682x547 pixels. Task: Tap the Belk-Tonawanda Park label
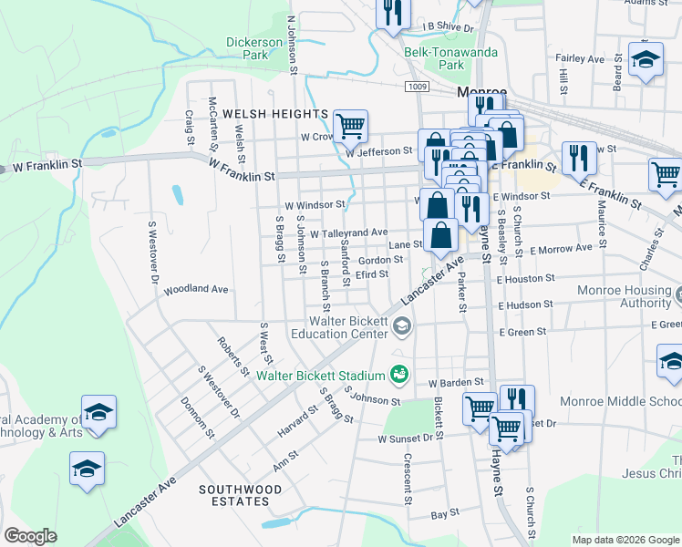[451, 58]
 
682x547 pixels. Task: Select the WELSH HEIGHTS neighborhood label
[262, 114]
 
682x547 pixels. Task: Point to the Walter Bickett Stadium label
[320, 375]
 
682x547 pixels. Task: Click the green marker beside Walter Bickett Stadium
[398, 374]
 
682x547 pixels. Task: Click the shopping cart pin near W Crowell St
[350, 127]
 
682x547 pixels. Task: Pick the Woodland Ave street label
[195, 290]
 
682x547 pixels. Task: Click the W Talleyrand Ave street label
[348, 233]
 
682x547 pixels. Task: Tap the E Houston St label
[523, 278]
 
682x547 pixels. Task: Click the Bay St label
[444, 515]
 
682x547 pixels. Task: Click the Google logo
[30, 536]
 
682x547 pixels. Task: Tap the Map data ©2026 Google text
[625, 540]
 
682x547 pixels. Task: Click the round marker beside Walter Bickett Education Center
[402, 325]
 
